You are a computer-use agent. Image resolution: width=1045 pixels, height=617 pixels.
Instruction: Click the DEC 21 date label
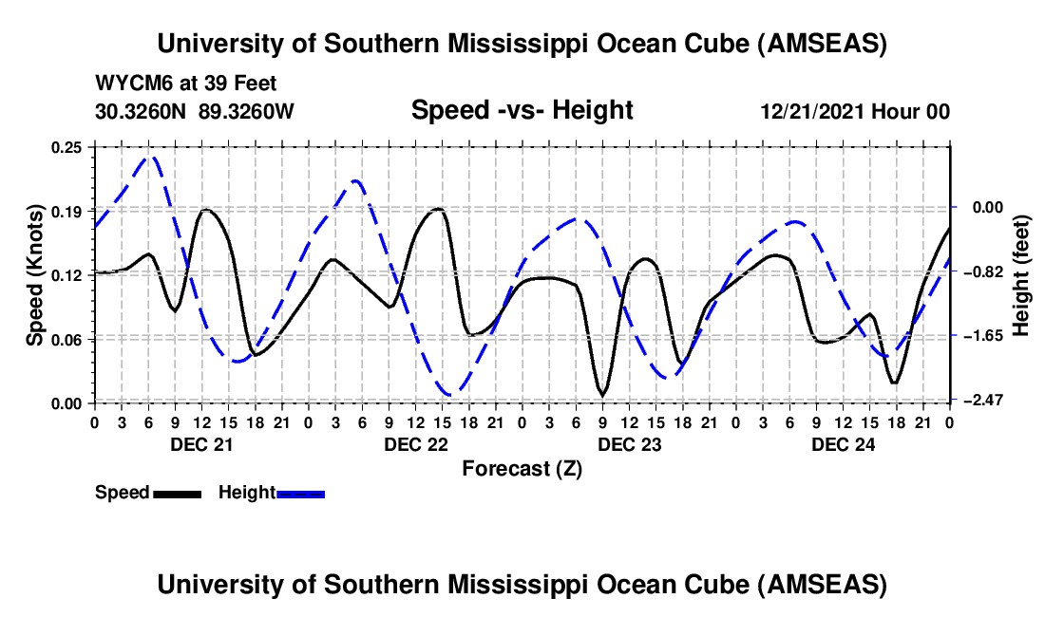200,443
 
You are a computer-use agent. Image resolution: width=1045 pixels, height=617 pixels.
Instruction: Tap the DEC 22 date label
414,443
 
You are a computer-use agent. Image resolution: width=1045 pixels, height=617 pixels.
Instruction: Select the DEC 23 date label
628,443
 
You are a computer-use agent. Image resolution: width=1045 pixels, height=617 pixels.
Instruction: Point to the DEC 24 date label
842,443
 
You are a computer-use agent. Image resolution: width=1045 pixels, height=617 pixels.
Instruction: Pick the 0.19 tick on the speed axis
67,211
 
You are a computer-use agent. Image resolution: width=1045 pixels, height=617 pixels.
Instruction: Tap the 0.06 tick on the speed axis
67,339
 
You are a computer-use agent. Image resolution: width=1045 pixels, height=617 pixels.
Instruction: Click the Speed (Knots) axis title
35,275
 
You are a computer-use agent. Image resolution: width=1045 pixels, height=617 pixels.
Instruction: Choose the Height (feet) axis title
1022,275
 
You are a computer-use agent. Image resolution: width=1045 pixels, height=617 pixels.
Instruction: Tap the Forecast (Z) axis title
522,468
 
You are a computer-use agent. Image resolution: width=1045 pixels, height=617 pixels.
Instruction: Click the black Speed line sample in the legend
177,494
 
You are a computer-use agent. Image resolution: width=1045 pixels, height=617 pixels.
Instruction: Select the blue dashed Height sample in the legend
300,494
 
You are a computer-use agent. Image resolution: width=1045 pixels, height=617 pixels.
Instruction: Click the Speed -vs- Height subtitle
522,110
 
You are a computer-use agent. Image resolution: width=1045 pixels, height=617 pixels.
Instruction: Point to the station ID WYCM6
128,84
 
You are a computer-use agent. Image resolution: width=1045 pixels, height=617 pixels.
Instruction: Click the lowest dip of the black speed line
602,394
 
